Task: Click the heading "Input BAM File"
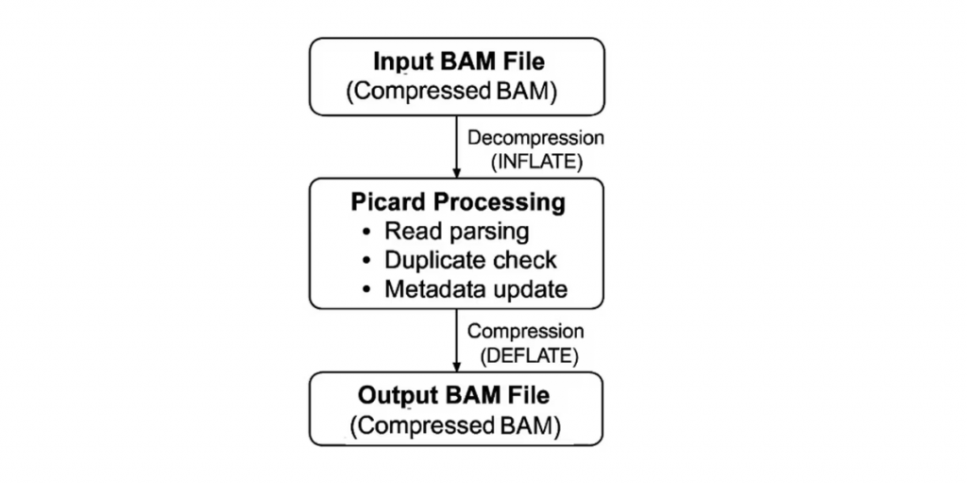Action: (x=460, y=61)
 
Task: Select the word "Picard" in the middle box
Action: (x=388, y=202)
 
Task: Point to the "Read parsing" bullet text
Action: (x=456, y=232)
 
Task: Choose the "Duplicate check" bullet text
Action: (x=470, y=260)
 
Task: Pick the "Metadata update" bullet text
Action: (x=476, y=289)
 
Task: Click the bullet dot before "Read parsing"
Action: (x=367, y=233)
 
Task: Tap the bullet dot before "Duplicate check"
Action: (x=367, y=261)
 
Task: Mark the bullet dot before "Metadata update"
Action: (x=367, y=289)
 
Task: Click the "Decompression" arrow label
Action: (x=535, y=138)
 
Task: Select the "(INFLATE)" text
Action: (x=536, y=162)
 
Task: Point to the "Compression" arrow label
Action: (x=525, y=332)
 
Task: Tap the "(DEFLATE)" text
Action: (x=529, y=355)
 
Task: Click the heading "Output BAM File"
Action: (x=453, y=396)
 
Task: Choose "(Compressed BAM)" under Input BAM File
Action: (x=451, y=92)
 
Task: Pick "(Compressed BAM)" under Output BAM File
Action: (x=455, y=426)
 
